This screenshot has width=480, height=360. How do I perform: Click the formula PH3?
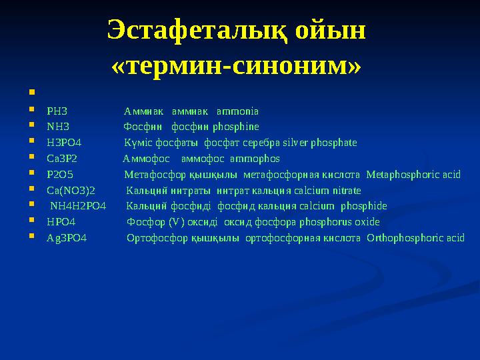point(57,111)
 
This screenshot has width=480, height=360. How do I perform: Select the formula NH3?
point(57,127)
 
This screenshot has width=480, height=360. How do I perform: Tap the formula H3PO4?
point(64,143)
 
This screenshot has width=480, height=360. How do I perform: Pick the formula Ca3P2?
point(62,159)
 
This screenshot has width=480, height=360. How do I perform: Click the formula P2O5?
point(60,175)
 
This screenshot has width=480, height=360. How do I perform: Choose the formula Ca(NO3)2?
point(71,190)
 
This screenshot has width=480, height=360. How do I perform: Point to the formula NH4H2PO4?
point(78,206)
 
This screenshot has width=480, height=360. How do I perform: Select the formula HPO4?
point(61,222)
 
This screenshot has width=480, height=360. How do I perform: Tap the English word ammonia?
point(238,111)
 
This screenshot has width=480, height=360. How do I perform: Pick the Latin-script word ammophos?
point(255,159)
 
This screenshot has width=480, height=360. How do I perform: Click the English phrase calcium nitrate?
point(325,190)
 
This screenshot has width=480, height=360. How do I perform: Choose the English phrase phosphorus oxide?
point(340,222)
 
